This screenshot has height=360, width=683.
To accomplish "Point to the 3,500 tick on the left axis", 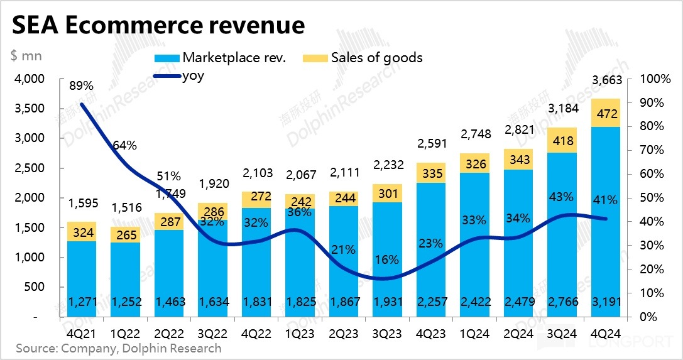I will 30,109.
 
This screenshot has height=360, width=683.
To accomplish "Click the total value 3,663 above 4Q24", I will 606,80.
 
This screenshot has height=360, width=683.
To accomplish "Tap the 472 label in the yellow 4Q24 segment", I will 606,114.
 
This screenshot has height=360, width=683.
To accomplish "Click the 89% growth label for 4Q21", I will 81,85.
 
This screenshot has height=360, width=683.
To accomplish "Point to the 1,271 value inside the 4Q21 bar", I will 81,302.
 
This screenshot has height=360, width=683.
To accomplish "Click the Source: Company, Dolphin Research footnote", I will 119,347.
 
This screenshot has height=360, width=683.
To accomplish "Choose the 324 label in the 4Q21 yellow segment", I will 81,232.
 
